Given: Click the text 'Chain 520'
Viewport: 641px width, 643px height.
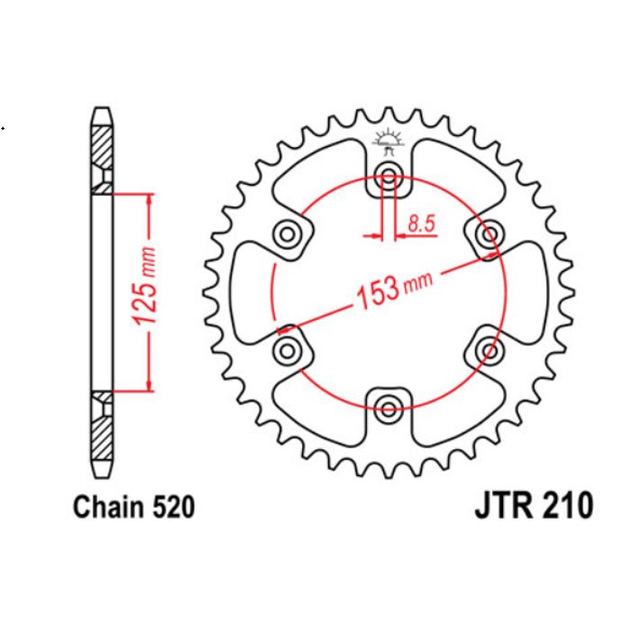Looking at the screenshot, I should [x=133, y=508].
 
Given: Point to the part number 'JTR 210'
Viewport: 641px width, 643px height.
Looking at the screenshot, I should [x=532, y=508].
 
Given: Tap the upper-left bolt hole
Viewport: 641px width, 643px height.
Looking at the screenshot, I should [x=289, y=234].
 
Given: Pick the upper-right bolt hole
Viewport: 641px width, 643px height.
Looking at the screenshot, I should [x=489, y=234].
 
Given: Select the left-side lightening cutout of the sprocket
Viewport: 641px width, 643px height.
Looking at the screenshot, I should [x=252, y=290].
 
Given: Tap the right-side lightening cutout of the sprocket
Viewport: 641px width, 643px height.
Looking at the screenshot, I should [x=527, y=290].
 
